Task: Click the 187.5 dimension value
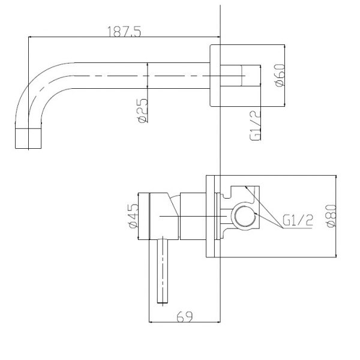pos(124,31)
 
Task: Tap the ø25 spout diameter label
pos(143,110)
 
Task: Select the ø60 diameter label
pos(280,76)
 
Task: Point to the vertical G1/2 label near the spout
pos(256,125)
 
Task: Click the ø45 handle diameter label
pos(134,216)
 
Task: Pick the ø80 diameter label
pos(331,216)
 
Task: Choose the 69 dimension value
pos(185,317)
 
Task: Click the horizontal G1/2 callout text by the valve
pos(298,220)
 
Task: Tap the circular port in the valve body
pos(245,216)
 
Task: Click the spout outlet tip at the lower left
pos(28,139)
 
